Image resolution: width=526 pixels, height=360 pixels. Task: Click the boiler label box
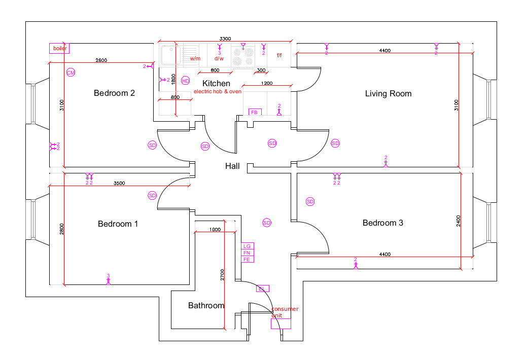click(59, 49)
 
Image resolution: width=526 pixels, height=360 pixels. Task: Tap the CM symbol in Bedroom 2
click(71, 73)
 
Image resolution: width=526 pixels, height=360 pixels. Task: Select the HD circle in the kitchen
click(185, 81)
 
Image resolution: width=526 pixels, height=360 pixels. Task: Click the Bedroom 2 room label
click(114, 93)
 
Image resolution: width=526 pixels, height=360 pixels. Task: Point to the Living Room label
click(389, 93)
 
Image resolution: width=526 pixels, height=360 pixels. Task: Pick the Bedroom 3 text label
click(383, 223)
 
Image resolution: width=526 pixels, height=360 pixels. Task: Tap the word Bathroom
click(206, 305)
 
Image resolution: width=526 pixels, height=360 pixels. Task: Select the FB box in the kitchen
click(255, 112)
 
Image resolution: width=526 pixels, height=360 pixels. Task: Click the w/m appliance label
click(195, 58)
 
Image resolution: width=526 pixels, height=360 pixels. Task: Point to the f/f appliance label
click(279, 56)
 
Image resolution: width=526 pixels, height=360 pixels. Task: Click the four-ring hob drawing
click(242, 56)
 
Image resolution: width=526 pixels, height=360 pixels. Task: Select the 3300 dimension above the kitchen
click(225, 39)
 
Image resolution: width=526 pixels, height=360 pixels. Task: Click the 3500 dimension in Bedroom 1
click(119, 183)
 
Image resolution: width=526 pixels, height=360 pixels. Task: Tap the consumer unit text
click(285, 312)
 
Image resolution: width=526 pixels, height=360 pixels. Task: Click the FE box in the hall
click(247, 259)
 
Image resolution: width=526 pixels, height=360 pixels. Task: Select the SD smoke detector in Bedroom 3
click(310, 201)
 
